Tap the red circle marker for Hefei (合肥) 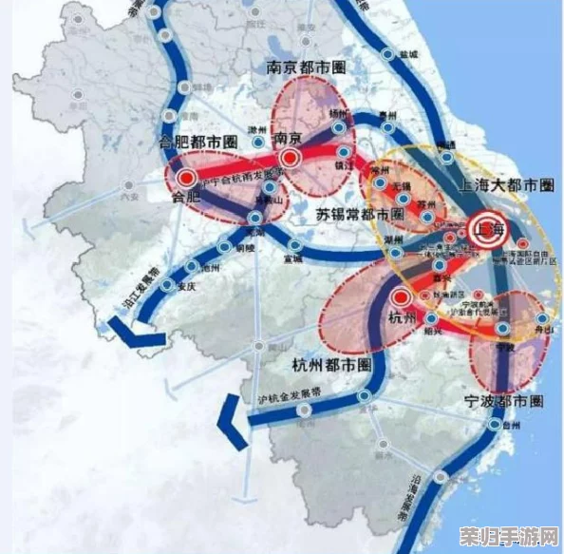[x=186, y=177]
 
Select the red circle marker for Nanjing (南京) [x=291, y=158]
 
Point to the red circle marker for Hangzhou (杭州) [x=401, y=297]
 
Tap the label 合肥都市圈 [x=197, y=142]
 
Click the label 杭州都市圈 [x=330, y=364]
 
